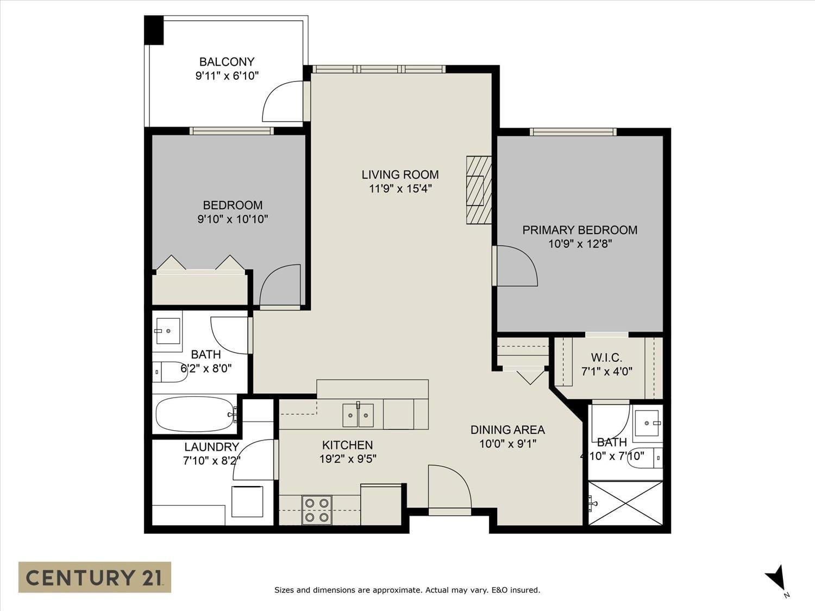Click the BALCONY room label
(x=227, y=61)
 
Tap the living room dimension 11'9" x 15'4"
(x=400, y=189)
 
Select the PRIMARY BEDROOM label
(x=580, y=230)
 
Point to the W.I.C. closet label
(x=607, y=357)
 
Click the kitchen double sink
(x=358, y=415)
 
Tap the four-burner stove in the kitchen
(x=317, y=510)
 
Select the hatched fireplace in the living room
(x=479, y=190)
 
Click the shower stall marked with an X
(x=625, y=503)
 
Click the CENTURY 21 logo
(x=95, y=577)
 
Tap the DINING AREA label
(x=507, y=430)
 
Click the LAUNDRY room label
(x=212, y=446)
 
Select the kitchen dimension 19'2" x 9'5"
(x=348, y=459)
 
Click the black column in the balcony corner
(x=154, y=30)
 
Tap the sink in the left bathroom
(x=168, y=331)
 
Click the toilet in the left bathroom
(x=170, y=371)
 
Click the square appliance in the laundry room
(x=247, y=501)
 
